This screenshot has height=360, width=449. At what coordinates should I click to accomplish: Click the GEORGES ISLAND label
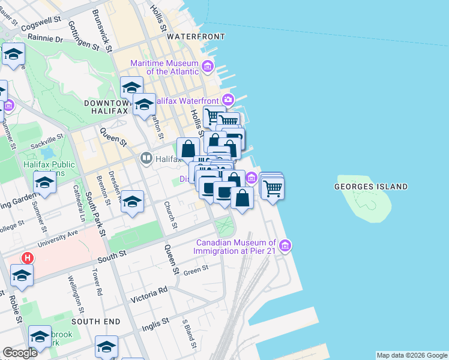(x=370, y=187)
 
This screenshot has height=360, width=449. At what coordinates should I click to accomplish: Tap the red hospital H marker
(x=27, y=258)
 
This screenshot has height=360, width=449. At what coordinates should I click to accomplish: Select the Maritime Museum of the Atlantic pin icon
(x=208, y=66)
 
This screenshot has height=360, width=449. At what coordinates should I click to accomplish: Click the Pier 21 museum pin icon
(x=286, y=246)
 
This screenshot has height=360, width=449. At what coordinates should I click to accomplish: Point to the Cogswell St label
(x=41, y=25)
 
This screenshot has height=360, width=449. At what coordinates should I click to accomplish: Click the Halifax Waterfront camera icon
(x=228, y=100)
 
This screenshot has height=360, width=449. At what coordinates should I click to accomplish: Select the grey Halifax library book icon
(x=146, y=159)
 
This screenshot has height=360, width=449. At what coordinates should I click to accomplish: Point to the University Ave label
(x=58, y=238)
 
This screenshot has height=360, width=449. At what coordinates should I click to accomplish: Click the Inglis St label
(x=155, y=325)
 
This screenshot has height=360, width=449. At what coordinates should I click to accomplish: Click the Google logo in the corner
(x=20, y=353)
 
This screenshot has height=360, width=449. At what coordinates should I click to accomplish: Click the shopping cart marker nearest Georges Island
(x=273, y=188)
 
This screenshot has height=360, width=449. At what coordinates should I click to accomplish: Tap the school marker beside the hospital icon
(x=22, y=276)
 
